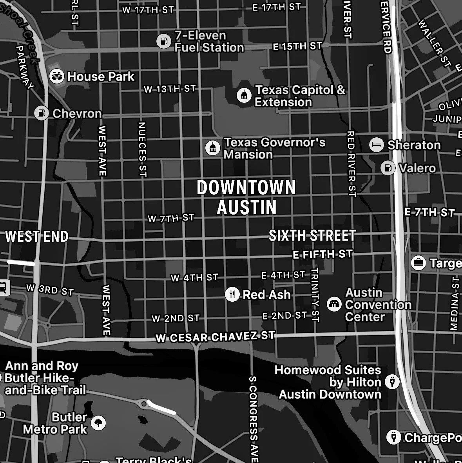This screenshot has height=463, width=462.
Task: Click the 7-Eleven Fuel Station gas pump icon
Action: (x=164, y=41)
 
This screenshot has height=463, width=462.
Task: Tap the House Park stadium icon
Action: (x=57, y=76)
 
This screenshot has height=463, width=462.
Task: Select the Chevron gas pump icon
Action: (x=41, y=113)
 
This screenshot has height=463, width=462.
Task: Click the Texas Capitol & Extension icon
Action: (x=244, y=95)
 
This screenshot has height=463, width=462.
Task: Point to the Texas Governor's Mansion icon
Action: (x=213, y=148)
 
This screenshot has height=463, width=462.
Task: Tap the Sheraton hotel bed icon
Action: (x=377, y=145)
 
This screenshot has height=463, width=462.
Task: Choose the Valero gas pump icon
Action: (x=388, y=168)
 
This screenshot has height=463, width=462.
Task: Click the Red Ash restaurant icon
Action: (x=232, y=294)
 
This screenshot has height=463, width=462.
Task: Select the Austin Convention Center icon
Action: (x=334, y=304)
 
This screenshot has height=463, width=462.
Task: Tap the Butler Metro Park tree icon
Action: (x=98, y=423)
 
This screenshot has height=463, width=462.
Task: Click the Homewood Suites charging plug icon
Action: (x=392, y=381)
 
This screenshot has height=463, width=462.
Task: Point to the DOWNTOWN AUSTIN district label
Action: (x=246, y=197)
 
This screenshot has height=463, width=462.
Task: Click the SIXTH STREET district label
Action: (x=312, y=235)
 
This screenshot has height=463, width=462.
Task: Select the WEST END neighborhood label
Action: (x=37, y=237)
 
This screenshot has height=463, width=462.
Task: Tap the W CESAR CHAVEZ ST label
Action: (x=215, y=337)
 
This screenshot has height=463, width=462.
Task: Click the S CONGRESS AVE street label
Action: (x=254, y=419)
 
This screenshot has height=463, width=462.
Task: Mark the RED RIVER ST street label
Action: (x=351, y=164)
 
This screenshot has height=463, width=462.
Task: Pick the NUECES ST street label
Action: (x=142, y=149)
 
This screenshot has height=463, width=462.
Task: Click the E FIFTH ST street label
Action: (x=322, y=255)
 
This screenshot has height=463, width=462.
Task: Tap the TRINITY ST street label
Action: (x=315, y=295)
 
